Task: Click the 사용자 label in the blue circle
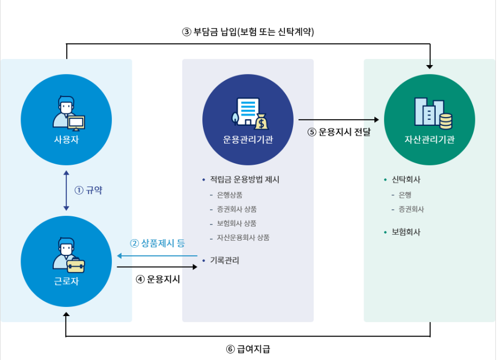point(66,139)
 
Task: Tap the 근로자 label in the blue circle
point(66,282)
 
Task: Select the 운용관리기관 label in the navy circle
point(248,139)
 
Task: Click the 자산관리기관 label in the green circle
point(430,139)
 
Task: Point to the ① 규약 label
point(88,190)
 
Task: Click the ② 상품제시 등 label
point(157,243)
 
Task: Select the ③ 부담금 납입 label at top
point(248,31)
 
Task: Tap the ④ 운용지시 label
point(157,279)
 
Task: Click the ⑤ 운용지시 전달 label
point(339,132)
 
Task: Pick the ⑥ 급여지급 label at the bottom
point(248,349)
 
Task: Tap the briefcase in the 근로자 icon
point(75,266)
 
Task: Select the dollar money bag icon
point(261,121)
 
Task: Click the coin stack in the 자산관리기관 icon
point(446,121)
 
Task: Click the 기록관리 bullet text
point(225,260)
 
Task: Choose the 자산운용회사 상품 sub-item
point(243,237)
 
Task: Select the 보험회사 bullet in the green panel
point(406,232)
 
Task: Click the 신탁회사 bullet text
point(406,180)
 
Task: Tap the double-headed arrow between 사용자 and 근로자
point(66,190)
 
